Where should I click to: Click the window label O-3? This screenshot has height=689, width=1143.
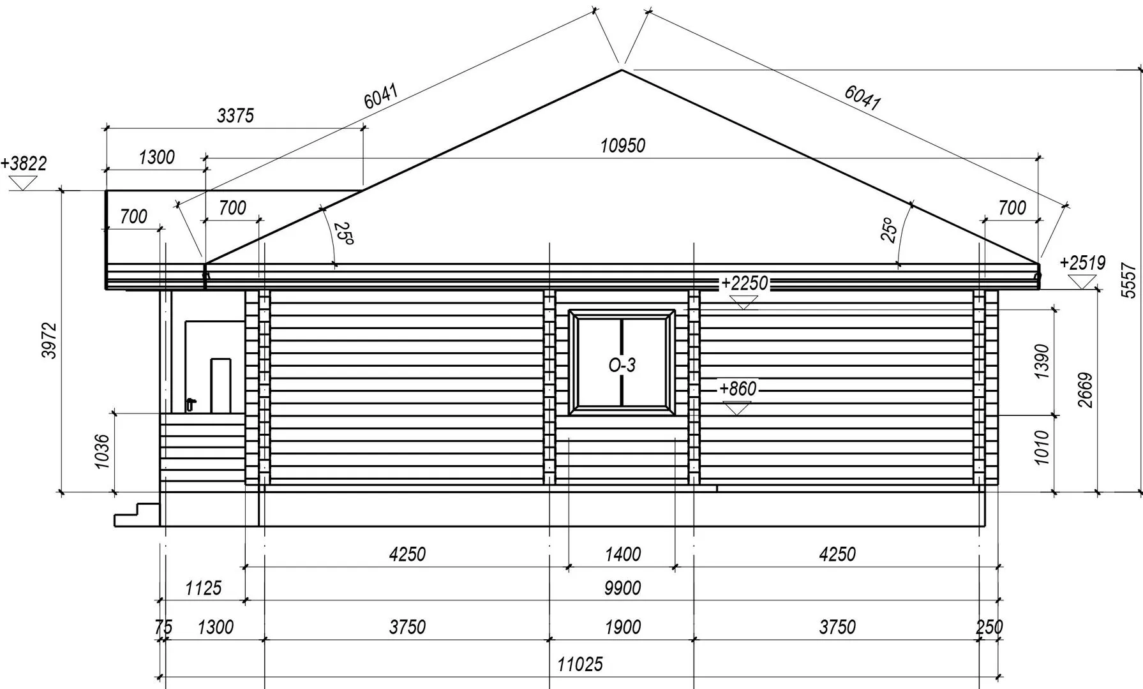click(622, 366)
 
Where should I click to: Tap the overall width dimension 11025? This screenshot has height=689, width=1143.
click(579, 665)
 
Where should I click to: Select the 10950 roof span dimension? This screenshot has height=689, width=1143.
click(622, 146)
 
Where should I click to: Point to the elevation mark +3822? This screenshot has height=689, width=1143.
click(24, 164)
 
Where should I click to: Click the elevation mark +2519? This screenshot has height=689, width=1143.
click(1082, 263)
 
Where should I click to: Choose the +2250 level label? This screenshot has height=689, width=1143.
click(743, 283)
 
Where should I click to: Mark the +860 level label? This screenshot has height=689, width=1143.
click(737, 389)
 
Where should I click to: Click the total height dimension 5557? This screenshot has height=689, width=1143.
click(1128, 281)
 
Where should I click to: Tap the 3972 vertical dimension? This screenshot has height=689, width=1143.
click(50, 341)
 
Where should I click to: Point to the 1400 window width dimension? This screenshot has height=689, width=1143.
click(622, 554)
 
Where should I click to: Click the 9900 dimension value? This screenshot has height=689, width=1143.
click(622, 588)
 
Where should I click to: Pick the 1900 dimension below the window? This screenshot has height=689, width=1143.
click(622, 627)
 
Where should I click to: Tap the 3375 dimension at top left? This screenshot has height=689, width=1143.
click(235, 115)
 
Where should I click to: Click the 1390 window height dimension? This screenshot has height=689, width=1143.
click(1042, 362)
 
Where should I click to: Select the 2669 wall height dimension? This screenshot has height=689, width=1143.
click(1085, 390)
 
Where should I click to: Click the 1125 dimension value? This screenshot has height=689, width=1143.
click(203, 588)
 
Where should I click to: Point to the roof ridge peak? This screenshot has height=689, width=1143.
click(622, 70)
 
